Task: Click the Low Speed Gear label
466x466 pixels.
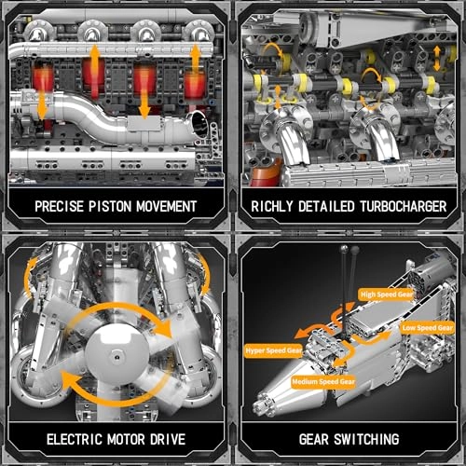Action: [428, 329]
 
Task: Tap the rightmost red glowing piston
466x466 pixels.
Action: [193, 87]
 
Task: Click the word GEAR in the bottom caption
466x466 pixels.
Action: [308, 438]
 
